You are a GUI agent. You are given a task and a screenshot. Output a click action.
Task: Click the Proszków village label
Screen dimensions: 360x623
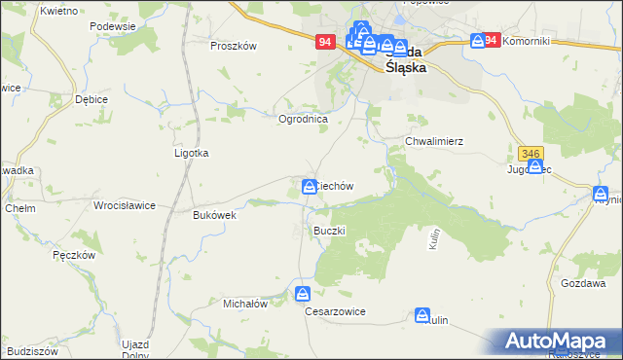pyautogui.click(x=234, y=46)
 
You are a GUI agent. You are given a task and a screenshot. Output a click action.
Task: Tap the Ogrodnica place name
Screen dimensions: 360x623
pyautogui.click(x=304, y=119)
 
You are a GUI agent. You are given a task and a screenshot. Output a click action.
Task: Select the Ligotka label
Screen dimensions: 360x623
pyautogui.click(x=192, y=153)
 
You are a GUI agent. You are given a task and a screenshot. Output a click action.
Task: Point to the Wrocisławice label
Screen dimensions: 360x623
pyautogui.click(x=124, y=206)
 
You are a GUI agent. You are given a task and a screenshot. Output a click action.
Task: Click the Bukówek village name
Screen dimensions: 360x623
pyautogui.click(x=215, y=215)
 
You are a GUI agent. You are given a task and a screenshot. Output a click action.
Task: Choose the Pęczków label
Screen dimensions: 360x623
pyautogui.click(x=73, y=254)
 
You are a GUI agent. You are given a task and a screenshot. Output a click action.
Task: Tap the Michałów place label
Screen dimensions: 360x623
pyautogui.click(x=245, y=304)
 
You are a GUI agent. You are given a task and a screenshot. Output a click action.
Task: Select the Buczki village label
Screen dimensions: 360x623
pyautogui.click(x=329, y=230)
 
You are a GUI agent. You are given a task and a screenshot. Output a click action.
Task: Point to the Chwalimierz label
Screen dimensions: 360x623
pyautogui.click(x=433, y=141)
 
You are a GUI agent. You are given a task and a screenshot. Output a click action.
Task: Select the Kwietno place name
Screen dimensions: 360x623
pyautogui.click(x=59, y=10)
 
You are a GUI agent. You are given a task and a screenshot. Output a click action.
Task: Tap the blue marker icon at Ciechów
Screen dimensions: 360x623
pyautogui.click(x=309, y=186)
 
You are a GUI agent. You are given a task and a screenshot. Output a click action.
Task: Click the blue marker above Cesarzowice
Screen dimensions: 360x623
pyautogui.click(x=304, y=292)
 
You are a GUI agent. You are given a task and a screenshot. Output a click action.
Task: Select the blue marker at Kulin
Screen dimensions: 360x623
pyautogui.click(x=422, y=315)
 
